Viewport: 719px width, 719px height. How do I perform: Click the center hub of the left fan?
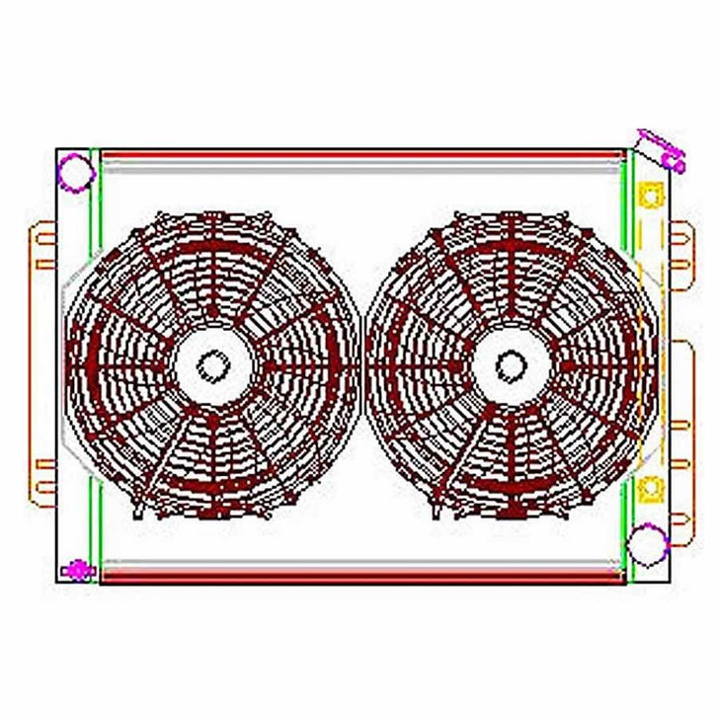[x=212, y=365]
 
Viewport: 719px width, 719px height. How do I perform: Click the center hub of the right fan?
[x=509, y=365]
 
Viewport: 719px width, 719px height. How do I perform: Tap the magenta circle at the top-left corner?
[x=76, y=173]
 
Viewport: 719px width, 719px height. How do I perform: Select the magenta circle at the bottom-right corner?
[x=648, y=542]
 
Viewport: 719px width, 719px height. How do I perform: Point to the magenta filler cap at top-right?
[x=662, y=149]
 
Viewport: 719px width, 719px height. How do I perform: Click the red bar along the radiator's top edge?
[x=360, y=155]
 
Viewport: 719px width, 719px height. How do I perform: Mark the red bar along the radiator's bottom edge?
[x=360, y=576]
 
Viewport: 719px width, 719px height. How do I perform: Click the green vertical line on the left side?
[x=94, y=365]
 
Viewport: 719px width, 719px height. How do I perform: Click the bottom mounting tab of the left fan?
[x=212, y=512]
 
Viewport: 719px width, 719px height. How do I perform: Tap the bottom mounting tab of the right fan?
[x=509, y=512]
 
